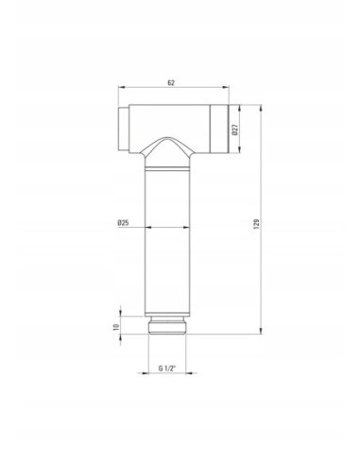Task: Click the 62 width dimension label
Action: click(x=171, y=83)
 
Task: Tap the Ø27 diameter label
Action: click(x=235, y=129)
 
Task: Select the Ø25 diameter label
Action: click(x=123, y=223)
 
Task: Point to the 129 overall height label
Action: click(x=256, y=224)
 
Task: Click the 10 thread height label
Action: click(x=116, y=327)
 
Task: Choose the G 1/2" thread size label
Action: click(x=167, y=368)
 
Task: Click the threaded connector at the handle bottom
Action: click(x=167, y=325)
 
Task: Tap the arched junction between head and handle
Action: click(x=167, y=151)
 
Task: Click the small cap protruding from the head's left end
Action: click(x=124, y=129)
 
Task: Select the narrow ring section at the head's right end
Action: click(x=219, y=129)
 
